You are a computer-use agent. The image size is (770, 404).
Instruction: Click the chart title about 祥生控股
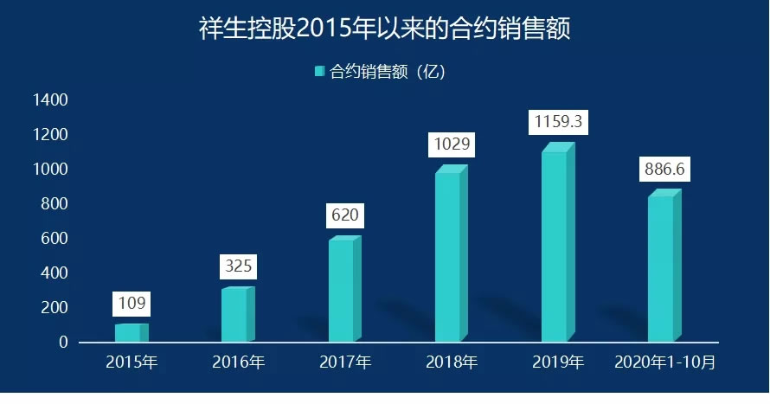pyautogui.click(x=384, y=29)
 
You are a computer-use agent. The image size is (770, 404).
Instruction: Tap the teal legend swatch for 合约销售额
pyautogui.click(x=319, y=72)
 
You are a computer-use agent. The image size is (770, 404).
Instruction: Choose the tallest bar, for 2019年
pyautogui.click(x=555, y=245)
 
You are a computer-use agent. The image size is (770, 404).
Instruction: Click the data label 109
pyautogui.click(x=132, y=304)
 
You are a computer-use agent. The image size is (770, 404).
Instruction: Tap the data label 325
pyautogui.click(x=238, y=266)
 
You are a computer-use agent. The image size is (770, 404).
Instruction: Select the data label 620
pyautogui.click(x=343, y=215)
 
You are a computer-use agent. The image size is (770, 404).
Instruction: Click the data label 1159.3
pyautogui.click(x=558, y=122)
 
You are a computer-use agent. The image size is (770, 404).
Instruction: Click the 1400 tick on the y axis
pyautogui.click(x=50, y=100)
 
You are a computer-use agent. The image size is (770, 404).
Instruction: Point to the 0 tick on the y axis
pyautogui.click(x=62, y=343)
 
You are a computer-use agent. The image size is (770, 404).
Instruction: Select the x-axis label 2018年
pyautogui.click(x=451, y=362)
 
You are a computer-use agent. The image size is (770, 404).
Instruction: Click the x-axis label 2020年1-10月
pyautogui.click(x=664, y=362)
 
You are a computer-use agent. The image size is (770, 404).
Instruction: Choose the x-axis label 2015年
pyautogui.click(x=132, y=362)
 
